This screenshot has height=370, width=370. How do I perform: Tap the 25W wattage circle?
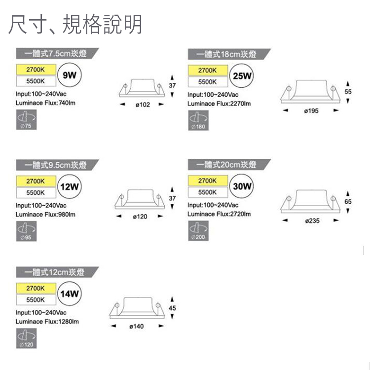click(242, 76)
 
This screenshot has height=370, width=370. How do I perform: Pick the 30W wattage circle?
click(242, 186)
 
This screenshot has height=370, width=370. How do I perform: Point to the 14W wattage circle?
click(69, 294)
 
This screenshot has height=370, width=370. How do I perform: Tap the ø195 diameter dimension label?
click(311, 111)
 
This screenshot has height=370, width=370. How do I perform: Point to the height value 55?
click(348, 92)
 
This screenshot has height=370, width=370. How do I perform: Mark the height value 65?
click(348, 202)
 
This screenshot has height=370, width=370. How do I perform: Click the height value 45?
click(172, 308)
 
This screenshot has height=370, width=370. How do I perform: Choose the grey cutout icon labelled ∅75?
click(26, 120)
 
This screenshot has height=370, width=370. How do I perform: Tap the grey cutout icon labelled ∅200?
click(198, 230)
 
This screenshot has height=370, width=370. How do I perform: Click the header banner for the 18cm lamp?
click(228, 54)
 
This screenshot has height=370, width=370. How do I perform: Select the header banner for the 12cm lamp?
click(56, 272)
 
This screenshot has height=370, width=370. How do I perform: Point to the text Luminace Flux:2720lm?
click(219, 214)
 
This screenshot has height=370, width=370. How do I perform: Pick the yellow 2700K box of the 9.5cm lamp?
click(36, 181)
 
